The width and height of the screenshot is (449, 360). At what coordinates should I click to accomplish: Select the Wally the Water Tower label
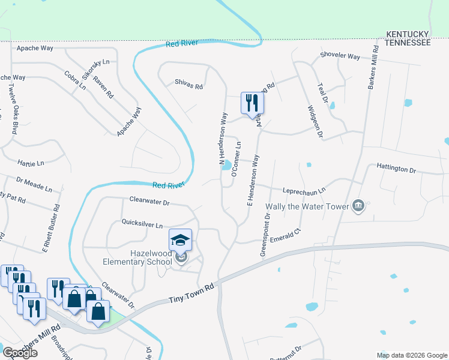pyautogui.click(x=307, y=207)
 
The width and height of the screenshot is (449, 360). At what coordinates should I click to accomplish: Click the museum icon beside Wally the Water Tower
pyautogui.click(x=358, y=206)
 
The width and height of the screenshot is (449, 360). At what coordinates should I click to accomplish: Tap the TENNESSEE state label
pyautogui.click(x=408, y=43)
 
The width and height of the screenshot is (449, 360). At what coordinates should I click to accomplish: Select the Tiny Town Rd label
pyautogui.click(x=191, y=290)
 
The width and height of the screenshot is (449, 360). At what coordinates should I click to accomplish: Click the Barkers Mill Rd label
pyautogui.click(x=371, y=66)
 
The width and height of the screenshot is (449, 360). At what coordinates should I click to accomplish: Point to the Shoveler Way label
pyautogui.click(x=340, y=57)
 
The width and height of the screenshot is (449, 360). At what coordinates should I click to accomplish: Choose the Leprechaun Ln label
pyautogui.click(x=304, y=190)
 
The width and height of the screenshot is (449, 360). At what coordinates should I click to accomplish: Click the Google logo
pyautogui.click(x=20, y=353)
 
